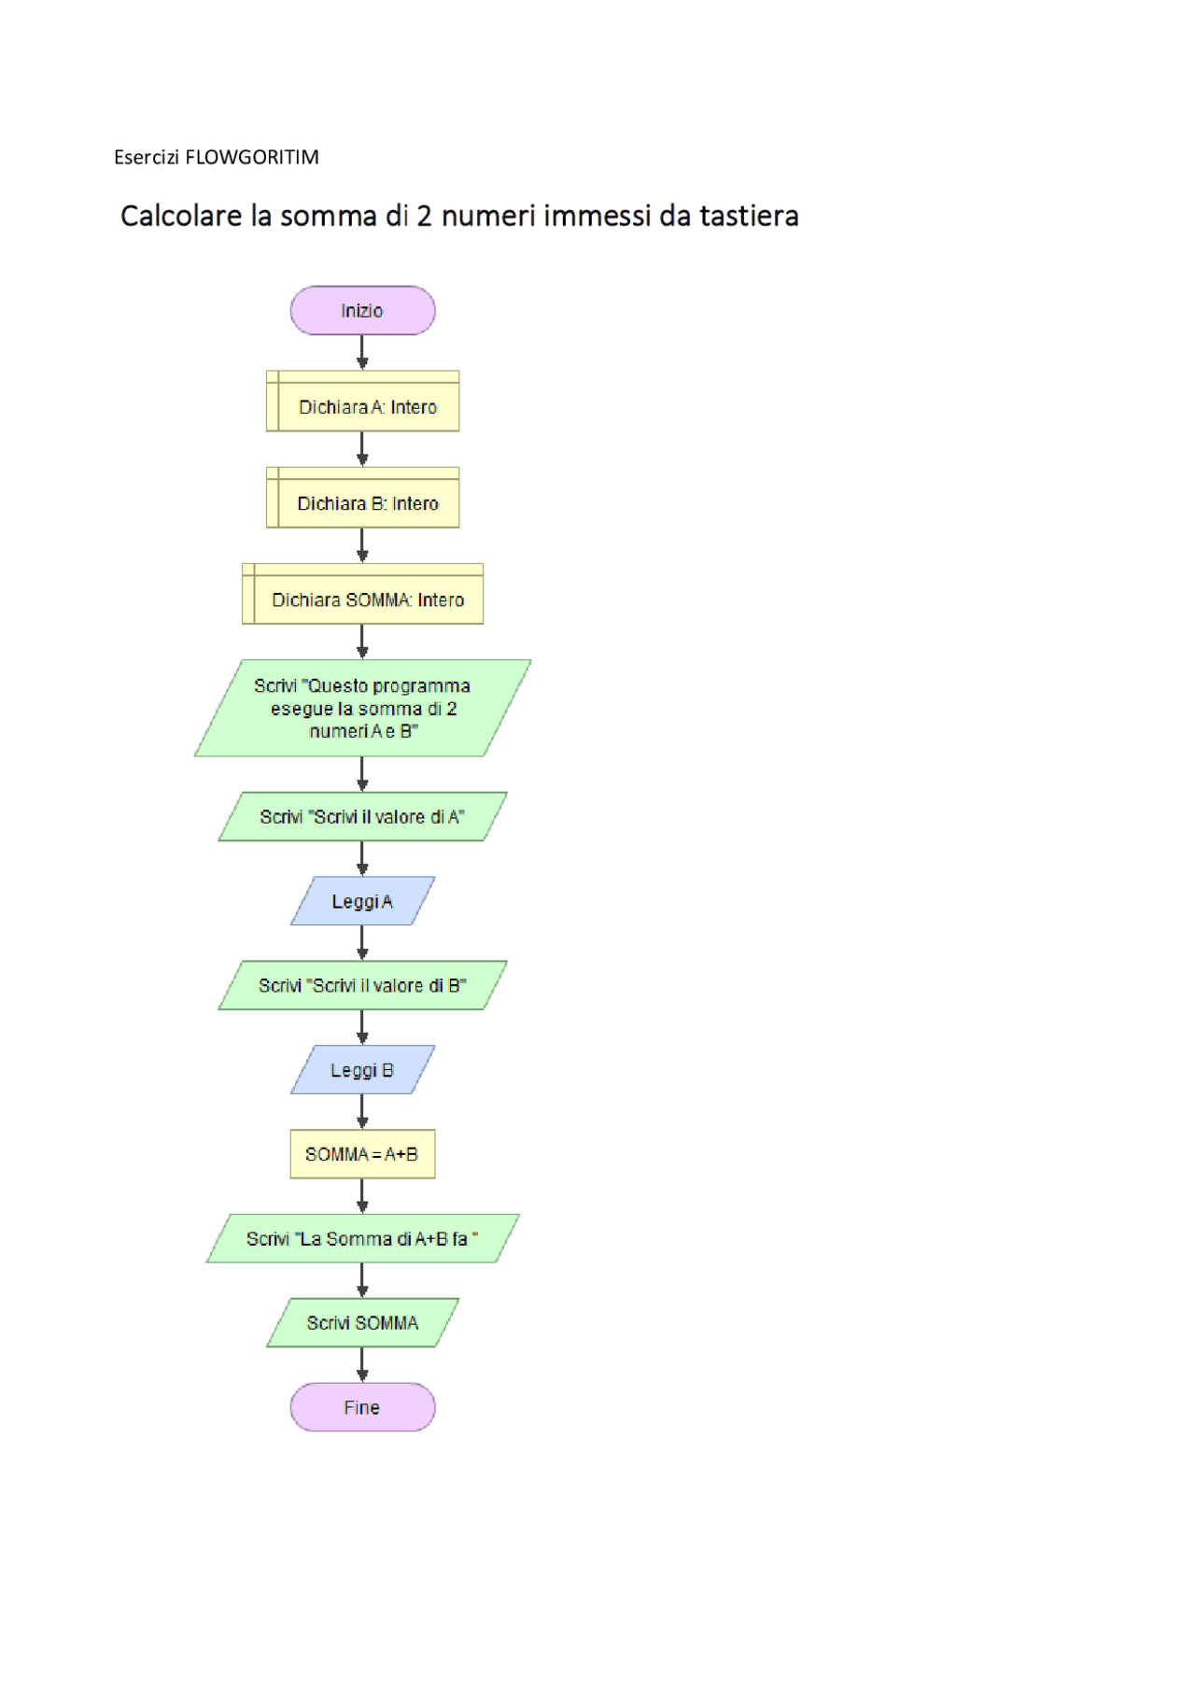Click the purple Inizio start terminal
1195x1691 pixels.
(x=362, y=311)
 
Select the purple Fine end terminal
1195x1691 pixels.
(x=362, y=1407)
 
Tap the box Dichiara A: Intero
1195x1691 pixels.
(x=362, y=402)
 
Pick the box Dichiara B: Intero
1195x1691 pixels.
(x=362, y=498)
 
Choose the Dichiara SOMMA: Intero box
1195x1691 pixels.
(x=362, y=594)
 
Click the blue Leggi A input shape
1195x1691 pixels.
(x=362, y=901)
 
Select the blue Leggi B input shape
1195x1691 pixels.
(x=362, y=1070)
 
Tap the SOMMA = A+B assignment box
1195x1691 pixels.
(x=362, y=1154)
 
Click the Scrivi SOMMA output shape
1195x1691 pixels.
(x=362, y=1323)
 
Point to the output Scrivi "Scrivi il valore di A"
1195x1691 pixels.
(x=362, y=817)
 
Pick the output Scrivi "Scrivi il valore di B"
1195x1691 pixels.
(x=362, y=985)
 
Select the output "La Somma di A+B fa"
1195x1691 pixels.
(x=362, y=1239)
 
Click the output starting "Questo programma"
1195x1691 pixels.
(x=362, y=708)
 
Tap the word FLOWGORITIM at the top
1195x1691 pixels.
(x=252, y=157)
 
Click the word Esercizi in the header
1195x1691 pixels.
(x=147, y=157)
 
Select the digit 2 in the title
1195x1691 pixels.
(x=425, y=216)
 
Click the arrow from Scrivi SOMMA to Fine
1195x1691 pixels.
(x=362, y=1365)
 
